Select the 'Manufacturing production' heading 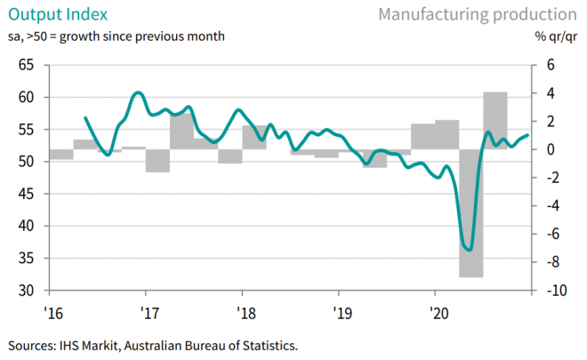[x=477, y=15]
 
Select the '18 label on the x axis [x=246, y=313]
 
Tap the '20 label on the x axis [x=438, y=313]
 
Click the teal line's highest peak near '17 [x=137, y=92]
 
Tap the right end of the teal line [x=527, y=135]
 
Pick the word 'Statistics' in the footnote [x=272, y=344]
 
